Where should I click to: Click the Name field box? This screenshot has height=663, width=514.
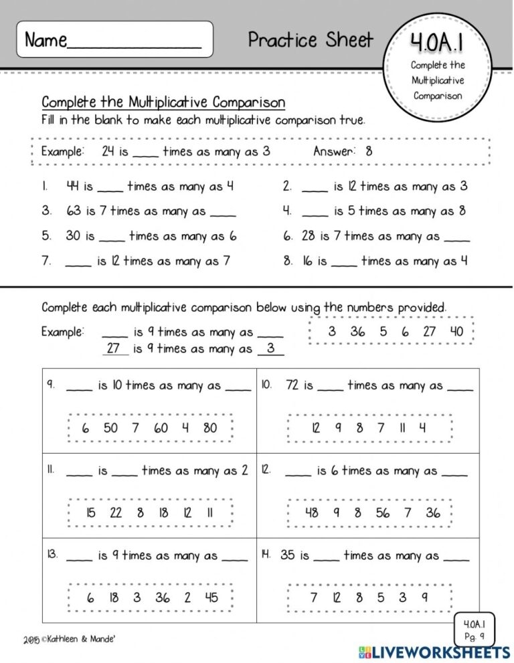[115, 39]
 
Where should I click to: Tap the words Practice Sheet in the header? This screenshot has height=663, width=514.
[311, 40]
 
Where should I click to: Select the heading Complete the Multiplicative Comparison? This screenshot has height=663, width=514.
[163, 102]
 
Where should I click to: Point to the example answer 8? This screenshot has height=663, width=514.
[369, 151]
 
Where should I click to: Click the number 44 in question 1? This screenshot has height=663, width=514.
[73, 187]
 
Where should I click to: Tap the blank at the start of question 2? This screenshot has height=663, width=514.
[315, 187]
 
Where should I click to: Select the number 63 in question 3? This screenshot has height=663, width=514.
[73, 211]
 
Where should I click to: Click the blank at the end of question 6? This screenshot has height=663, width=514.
[457, 236]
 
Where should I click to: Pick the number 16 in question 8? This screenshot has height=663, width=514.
[307, 261]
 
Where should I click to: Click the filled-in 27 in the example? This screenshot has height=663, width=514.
[113, 349]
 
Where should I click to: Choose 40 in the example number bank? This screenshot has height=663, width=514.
[456, 331]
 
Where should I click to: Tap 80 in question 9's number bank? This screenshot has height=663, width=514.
[210, 428]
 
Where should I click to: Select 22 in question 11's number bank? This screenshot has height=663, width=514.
[115, 513]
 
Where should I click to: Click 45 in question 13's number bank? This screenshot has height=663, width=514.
[211, 598]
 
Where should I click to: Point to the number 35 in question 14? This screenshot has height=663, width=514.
[287, 555]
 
